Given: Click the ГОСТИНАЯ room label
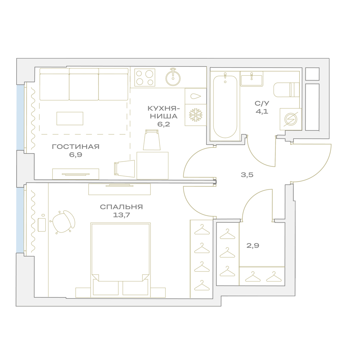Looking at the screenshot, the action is (76, 147).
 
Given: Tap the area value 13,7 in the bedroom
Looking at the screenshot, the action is (121, 215).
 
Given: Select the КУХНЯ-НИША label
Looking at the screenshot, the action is (164, 112).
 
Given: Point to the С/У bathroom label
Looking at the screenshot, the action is (262, 103).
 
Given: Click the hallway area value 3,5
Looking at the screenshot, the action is (247, 175).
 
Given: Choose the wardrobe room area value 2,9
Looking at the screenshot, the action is (253, 246).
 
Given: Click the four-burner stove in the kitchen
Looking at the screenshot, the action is (145, 77).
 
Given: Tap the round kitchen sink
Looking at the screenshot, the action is (173, 77).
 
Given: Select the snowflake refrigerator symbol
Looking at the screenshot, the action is (195, 115).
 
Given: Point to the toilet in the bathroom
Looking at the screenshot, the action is (286, 90).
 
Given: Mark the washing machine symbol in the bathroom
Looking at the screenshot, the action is (291, 119).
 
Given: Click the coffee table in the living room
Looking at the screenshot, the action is (70, 118).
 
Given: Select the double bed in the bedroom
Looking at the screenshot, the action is (120, 260).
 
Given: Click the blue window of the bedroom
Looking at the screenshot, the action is (20, 220).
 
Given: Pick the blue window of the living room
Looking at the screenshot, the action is (20, 118).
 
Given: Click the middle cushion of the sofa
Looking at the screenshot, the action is (84, 84).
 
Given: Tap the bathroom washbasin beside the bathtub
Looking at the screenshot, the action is (252, 79).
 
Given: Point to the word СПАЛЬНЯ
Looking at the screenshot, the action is (121, 207).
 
